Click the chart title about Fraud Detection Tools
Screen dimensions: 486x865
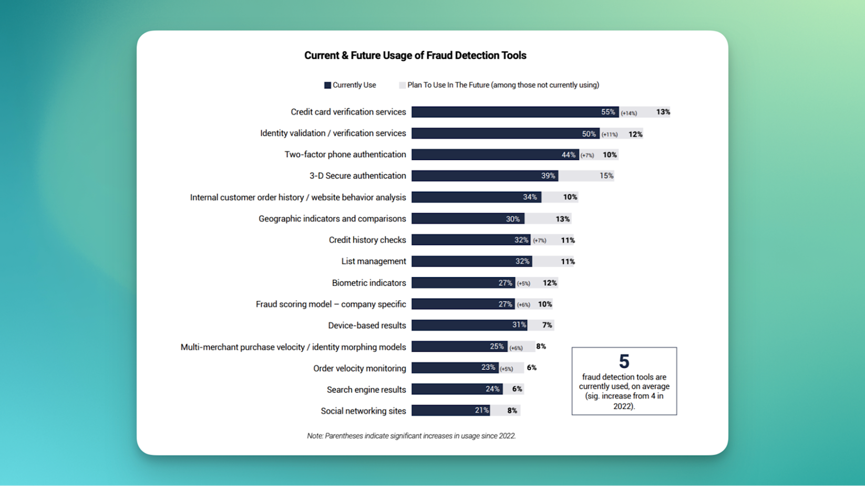(415, 56)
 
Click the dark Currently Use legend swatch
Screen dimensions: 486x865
(327, 85)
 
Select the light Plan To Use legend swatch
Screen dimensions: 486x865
(402, 85)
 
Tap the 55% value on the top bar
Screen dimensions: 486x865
(608, 112)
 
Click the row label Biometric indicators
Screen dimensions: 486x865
(369, 283)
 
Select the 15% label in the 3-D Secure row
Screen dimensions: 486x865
(606, 176)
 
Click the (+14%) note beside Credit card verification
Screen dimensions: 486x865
(629, 113)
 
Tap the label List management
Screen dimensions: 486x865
(374, 261)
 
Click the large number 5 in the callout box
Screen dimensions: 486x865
(624, 362)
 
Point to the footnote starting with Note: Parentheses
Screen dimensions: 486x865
(411, 436)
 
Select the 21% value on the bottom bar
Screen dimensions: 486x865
(482, 410)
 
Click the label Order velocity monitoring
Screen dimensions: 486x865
(359, 368)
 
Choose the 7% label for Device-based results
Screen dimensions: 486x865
(547, 325)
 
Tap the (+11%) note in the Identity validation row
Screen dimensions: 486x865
(610, 134)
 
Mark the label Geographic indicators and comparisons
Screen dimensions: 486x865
(332, 219)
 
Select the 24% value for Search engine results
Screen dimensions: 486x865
(492, 389)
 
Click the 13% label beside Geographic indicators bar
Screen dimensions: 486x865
(562, 219)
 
